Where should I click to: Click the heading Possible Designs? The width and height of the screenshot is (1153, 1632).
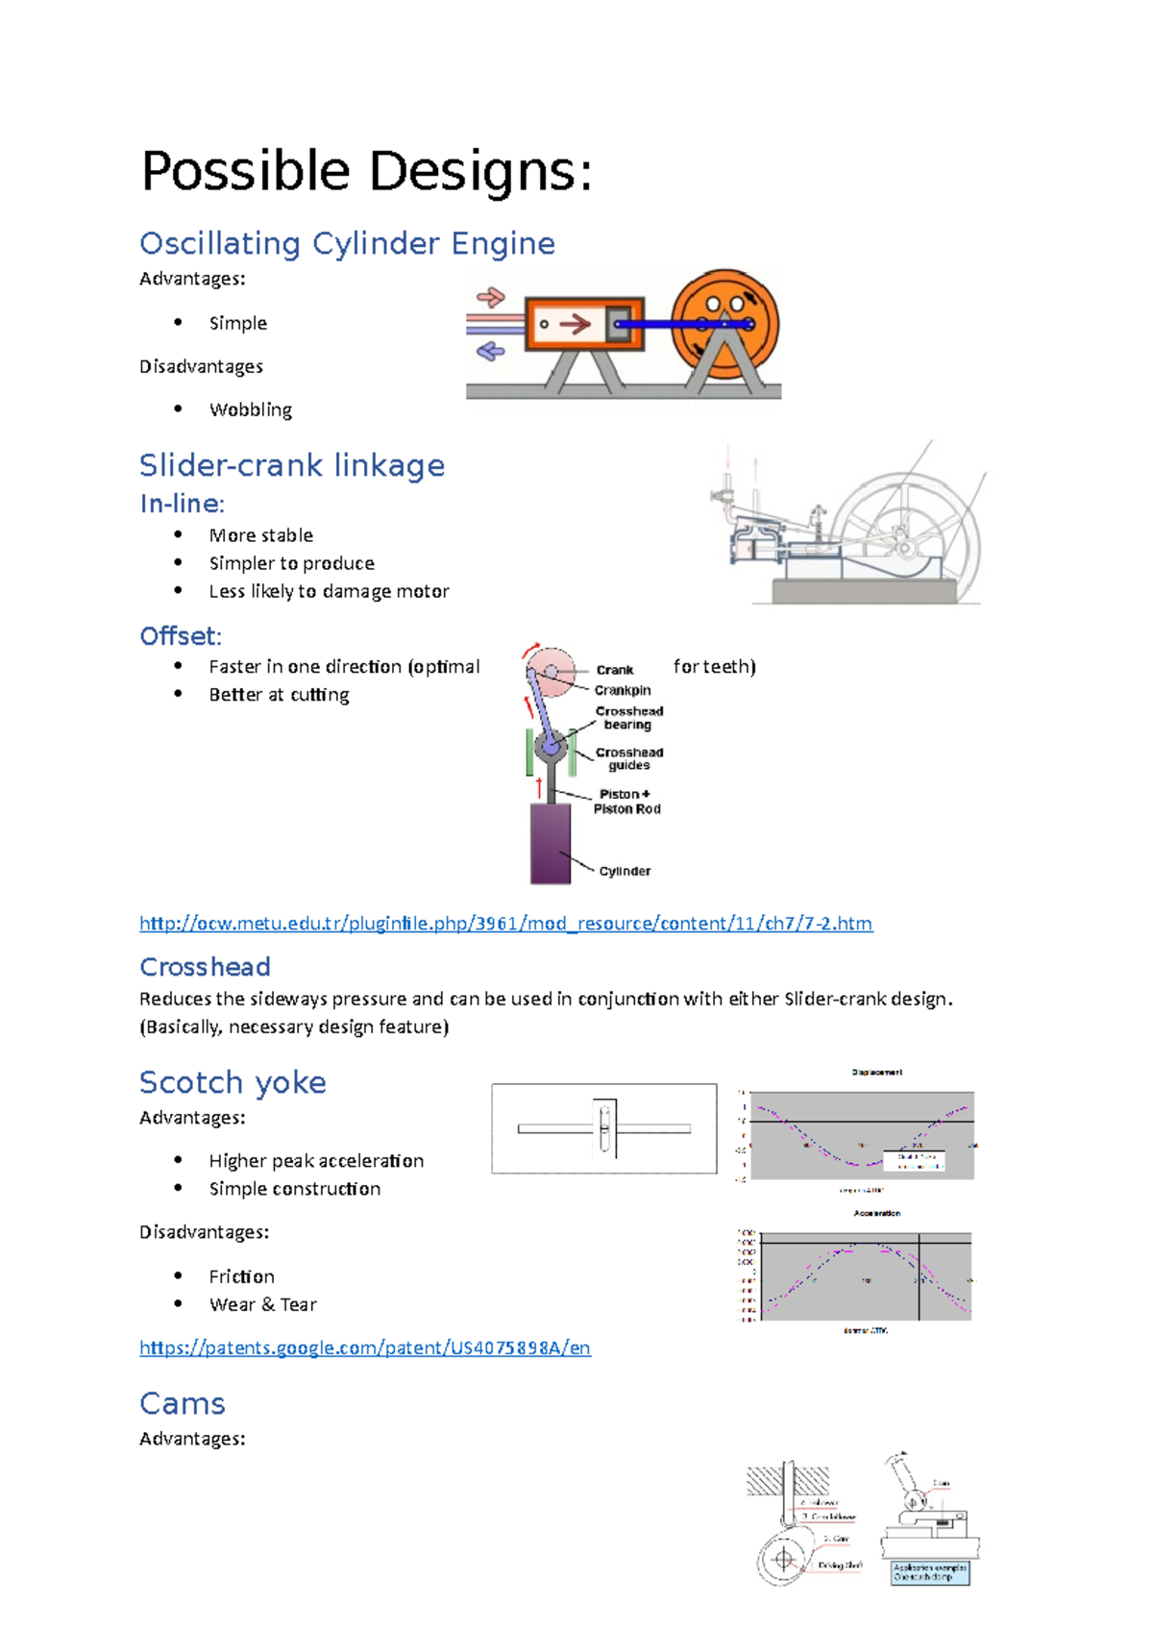(366, 171)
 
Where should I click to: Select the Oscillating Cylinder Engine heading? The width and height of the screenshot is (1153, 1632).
(347, 243)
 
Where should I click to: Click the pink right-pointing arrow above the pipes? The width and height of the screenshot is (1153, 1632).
(491, 296)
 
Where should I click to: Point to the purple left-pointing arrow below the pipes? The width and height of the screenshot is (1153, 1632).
(491, 352)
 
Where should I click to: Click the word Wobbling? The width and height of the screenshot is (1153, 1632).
(250, 409)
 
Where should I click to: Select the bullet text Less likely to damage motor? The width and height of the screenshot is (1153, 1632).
(329, 591)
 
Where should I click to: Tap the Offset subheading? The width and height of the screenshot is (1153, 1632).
(181, 636)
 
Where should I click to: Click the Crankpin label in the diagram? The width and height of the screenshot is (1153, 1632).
(623, 690)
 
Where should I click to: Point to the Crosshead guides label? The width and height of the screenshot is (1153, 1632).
(629, 758)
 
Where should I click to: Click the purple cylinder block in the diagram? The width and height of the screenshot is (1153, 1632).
(551, 843)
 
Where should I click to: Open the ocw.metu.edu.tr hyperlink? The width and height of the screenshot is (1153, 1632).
(505, 924)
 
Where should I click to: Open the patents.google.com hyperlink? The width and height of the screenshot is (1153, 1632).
(365, 1348)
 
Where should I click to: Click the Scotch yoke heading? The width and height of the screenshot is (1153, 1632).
(233, 1082)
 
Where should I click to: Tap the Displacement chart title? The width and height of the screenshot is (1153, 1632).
(876, 1072)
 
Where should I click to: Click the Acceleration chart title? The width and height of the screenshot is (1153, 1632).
(876, 1213)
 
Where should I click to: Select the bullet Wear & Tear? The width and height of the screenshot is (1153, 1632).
(262, 1304)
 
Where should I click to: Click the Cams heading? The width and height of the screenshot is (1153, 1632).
(183, 1403)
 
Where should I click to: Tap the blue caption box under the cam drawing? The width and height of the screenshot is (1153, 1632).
(929, 1572)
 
